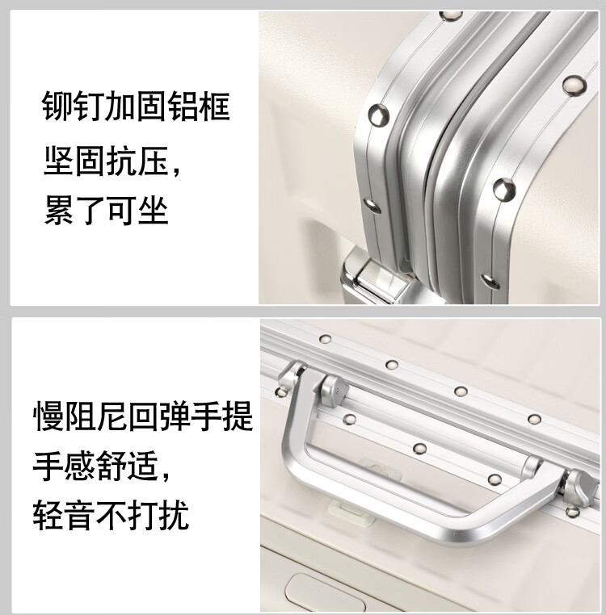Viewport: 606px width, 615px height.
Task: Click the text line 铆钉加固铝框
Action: tap(136, 106)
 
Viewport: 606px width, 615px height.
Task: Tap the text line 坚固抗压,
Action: tap(112, 161)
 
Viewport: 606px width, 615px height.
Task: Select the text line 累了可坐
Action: tap(106, 210)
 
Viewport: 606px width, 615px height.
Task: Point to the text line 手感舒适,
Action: tap(102, 466)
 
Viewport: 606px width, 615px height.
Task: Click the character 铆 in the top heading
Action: tap(57, 106)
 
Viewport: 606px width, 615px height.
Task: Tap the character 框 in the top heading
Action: tap(215, 106)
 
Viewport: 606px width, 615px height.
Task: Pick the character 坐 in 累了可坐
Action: tap(154, 210)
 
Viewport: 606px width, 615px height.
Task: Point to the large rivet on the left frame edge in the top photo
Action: tap(379, 115)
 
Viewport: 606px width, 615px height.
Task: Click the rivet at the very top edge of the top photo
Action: tap(451, 15)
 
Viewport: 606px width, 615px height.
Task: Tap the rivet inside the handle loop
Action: tap(419, 449)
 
